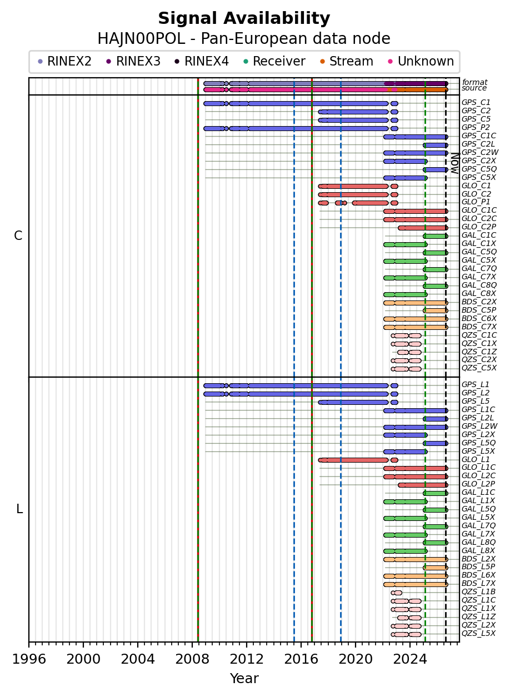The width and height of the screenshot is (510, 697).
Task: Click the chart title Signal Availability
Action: click(244, 18)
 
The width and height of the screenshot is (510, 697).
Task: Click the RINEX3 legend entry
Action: click(133, 61)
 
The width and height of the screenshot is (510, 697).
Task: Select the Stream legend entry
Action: click(347, 61)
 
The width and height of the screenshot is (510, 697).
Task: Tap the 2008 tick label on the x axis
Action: click(192, 659)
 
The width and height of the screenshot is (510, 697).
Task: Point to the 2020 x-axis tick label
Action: click(356, 659)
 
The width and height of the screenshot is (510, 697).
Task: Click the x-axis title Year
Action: click(244, 678)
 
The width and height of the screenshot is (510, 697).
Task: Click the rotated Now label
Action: click(455, 163)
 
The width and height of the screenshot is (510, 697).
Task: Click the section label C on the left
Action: click(18, 236)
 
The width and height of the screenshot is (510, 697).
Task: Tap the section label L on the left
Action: click(19, 509)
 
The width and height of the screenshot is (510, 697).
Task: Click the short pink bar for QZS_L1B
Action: click(397, 593)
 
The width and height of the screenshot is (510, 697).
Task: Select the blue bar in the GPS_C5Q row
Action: click(436, 169)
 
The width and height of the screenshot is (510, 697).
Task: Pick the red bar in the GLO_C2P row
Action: click(423, 228)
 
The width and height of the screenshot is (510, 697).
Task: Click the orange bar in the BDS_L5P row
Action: click(436, 568)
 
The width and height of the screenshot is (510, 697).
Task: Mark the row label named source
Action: click(474, 88)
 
